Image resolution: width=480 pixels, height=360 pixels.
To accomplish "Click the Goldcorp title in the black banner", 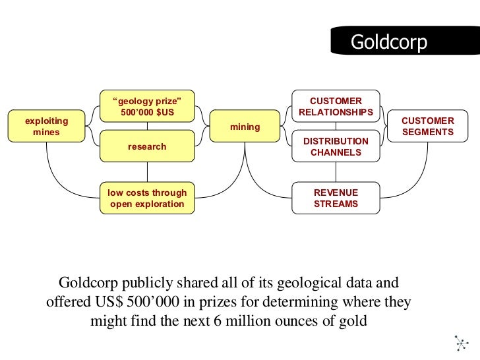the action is [388, 42].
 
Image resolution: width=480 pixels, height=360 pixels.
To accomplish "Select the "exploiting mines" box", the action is [46, 127].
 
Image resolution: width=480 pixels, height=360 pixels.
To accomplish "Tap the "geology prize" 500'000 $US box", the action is [147, 106].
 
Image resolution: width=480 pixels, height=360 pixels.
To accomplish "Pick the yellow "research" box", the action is [147, 146].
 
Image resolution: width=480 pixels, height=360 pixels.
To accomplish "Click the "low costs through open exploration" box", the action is [148, 198].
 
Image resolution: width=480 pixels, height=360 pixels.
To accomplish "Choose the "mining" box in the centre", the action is [245, 127].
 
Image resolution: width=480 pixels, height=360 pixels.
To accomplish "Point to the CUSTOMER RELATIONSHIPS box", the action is [336, 107].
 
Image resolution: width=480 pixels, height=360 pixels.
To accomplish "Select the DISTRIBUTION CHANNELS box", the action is [336, 146].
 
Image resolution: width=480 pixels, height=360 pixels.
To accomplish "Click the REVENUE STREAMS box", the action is [336, 198].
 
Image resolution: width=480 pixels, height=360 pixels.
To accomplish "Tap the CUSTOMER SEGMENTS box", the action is [428, 127].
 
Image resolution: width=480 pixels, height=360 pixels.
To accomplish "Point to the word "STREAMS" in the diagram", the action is [336, 204].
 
